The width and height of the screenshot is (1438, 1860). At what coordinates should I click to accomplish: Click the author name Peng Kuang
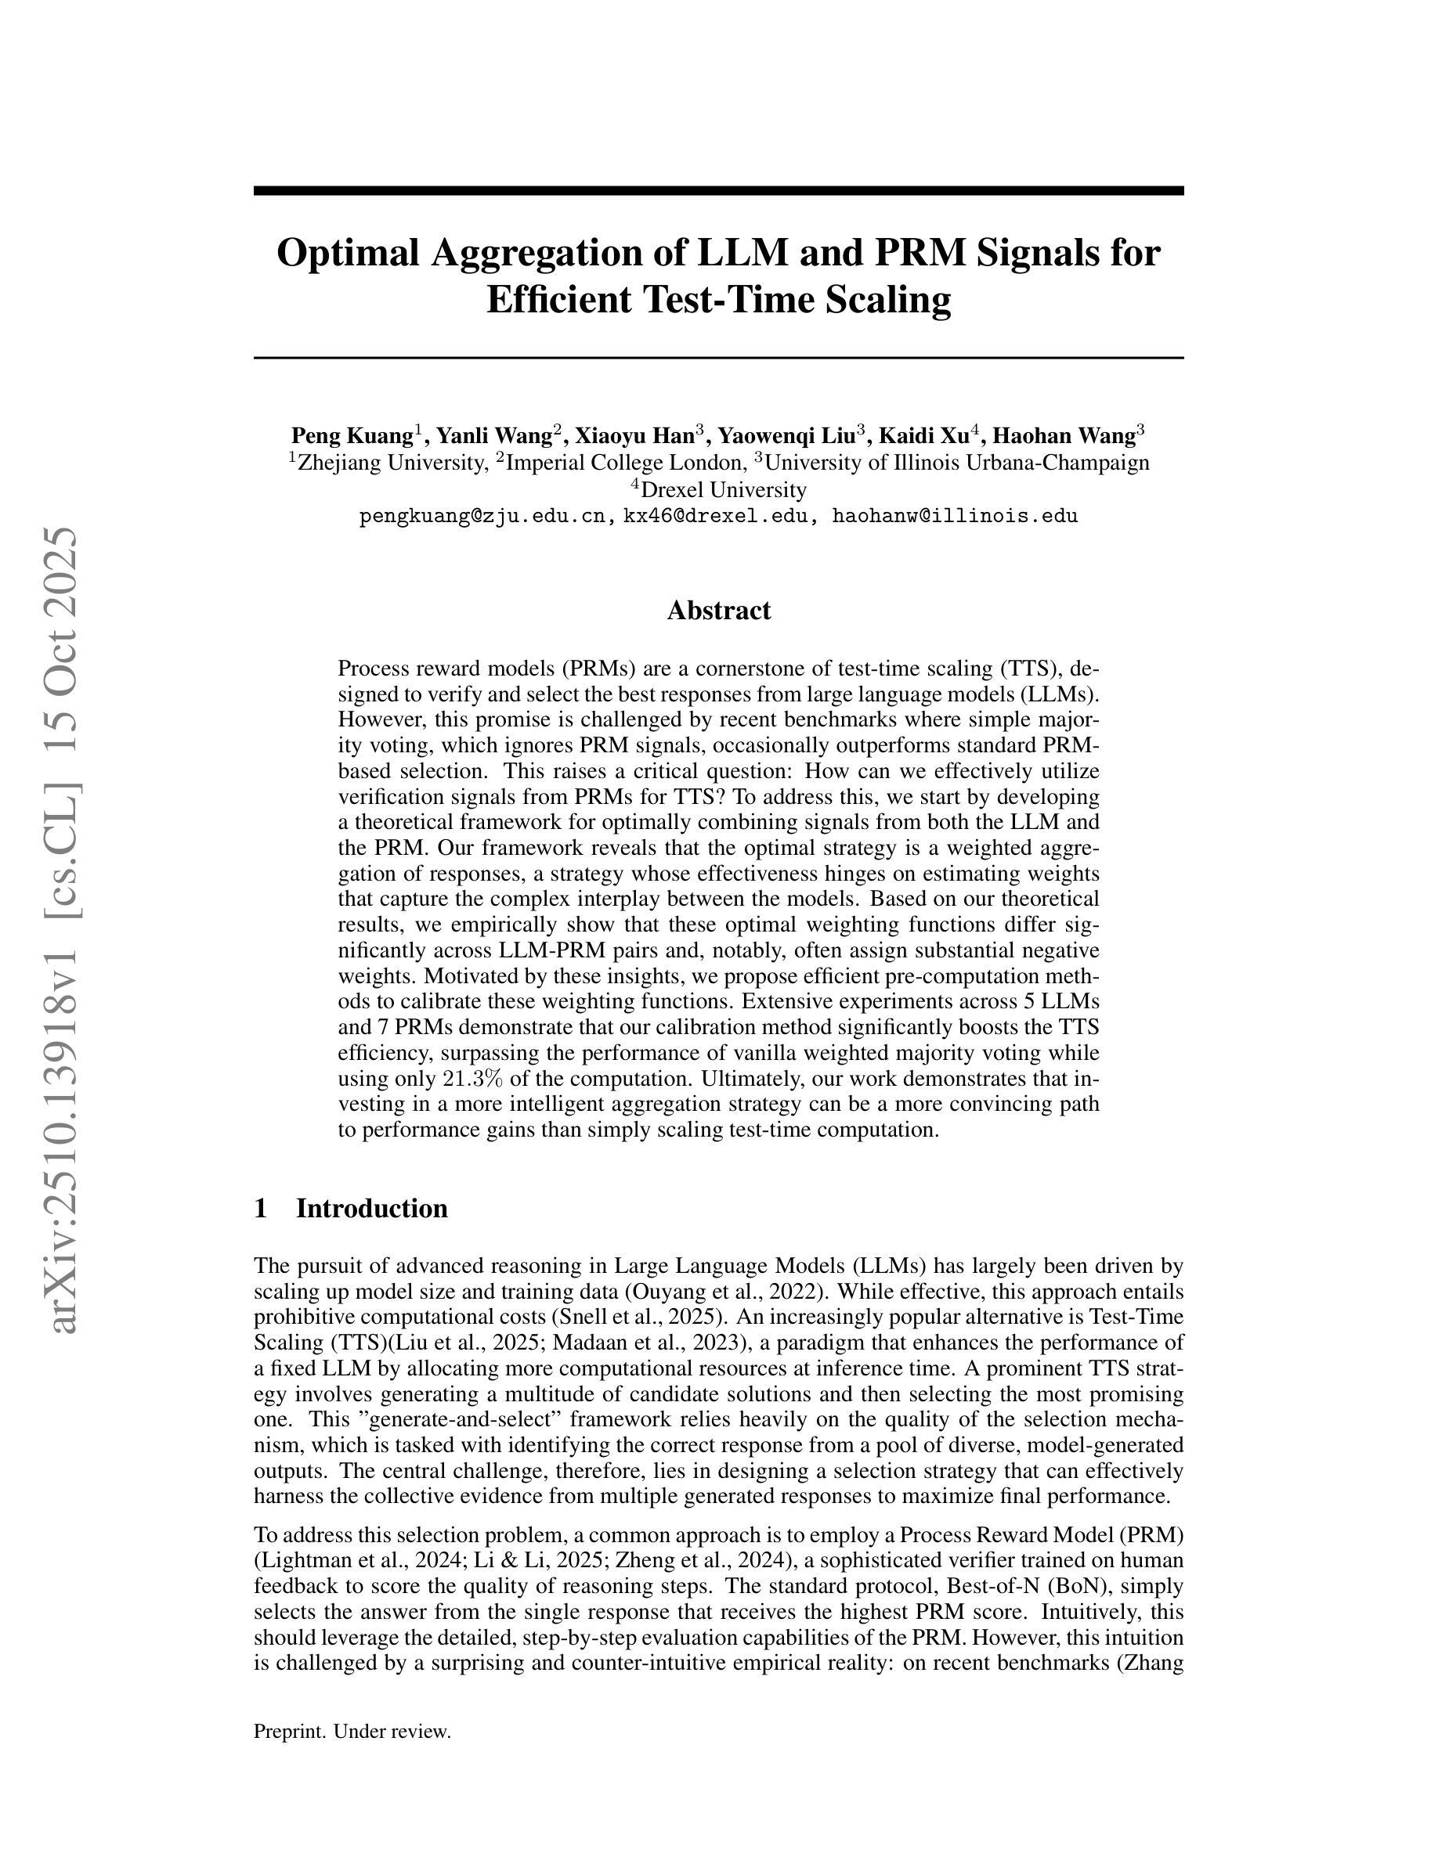pyautogui.click(x=352, y=436)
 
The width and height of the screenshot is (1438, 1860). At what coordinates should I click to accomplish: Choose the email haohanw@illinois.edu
pyautogui.click(x=954, y=516)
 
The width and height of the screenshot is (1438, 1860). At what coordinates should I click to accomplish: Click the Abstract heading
pyautogui.click(x=718, y=611)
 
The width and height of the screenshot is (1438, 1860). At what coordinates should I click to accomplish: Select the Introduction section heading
pyautogui.click(x=371, y=1209)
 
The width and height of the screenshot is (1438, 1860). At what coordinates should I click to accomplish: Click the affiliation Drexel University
pyautogui.click(x=723, y=490)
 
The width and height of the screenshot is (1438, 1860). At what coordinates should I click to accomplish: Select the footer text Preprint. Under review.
pyautogui.click(x=352, y=1732)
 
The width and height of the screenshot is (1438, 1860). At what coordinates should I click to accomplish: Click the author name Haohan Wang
pyautogui.click(x=1064, y=436)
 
